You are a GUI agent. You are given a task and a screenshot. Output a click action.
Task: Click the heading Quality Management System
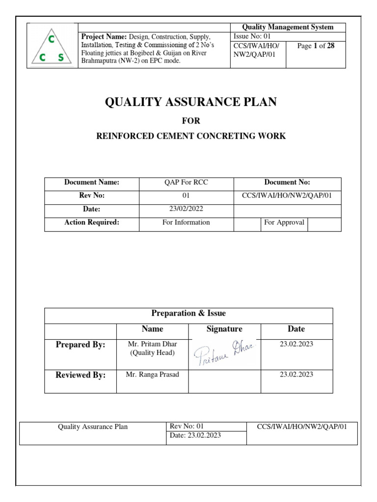tap(288, 27)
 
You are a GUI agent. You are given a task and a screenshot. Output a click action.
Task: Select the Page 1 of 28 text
tap(316, 46)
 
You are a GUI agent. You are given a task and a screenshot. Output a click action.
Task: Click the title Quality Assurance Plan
tap(191, 102)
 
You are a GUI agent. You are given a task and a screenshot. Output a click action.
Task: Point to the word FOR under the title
tap(191, 121)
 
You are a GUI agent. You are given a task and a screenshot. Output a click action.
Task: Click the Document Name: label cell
tap(92, 182)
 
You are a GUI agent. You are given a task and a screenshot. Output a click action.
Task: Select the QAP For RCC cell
tap(186, 182)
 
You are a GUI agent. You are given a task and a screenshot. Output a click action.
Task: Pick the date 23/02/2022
tap(186, 209)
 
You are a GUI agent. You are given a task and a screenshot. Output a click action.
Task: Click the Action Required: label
tap(92, 222)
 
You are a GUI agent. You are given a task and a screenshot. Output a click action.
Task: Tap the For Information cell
tap(186, 222)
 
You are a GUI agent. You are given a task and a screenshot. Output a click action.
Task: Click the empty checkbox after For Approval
tap(324, 224)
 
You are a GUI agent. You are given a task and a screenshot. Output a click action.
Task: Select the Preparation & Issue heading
tap(188, 313)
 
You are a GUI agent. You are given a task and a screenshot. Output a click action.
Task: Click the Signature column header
tap(224, 329)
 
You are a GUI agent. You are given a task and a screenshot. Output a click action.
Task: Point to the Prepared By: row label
tap(81, 345)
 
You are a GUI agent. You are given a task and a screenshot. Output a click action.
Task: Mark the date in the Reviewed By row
tap(296, 375)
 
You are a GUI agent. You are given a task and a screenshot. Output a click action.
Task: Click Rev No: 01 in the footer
tap(187, 426)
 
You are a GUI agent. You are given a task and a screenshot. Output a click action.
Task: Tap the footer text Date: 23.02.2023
tap(195, 435)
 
